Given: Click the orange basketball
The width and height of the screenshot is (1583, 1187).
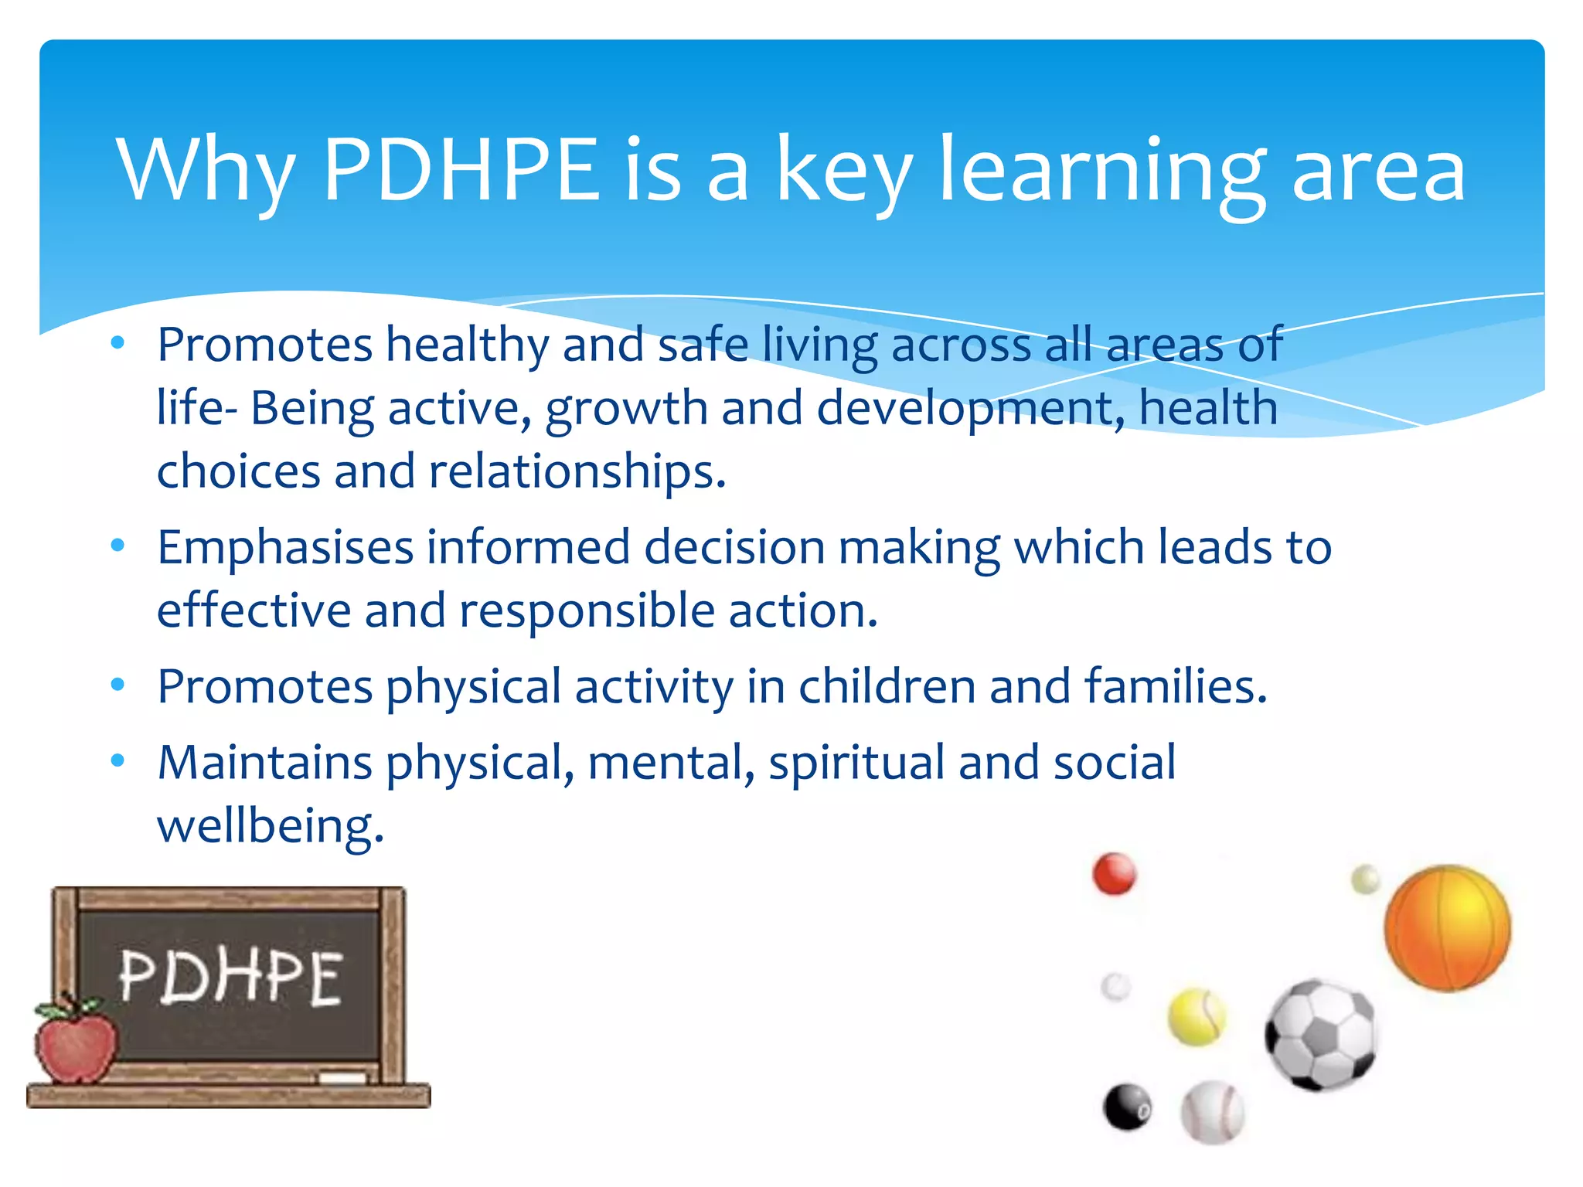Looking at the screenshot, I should pos(1447,927).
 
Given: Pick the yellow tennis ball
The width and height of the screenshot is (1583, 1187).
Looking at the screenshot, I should pos(1196,1017).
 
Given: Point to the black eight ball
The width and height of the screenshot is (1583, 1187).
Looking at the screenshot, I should pos(1127,1107).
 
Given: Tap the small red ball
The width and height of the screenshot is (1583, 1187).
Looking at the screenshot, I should pos(1114,874).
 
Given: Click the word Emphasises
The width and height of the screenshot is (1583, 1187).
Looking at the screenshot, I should pos(285,548).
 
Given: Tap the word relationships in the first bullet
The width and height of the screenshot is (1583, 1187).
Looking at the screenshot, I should pos(576,472).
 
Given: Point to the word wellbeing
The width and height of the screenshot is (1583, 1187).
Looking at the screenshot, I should pos(270,826).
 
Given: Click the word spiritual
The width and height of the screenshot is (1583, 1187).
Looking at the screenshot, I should pos(856,763).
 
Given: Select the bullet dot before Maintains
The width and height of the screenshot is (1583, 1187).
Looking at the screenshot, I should pos(117,760).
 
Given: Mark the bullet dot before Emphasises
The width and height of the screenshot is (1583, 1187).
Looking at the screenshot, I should pos(117,546).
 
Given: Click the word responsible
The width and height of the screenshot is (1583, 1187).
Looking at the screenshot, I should pos(587,611).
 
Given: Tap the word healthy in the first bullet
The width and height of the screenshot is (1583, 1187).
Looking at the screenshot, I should pos(467,345).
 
